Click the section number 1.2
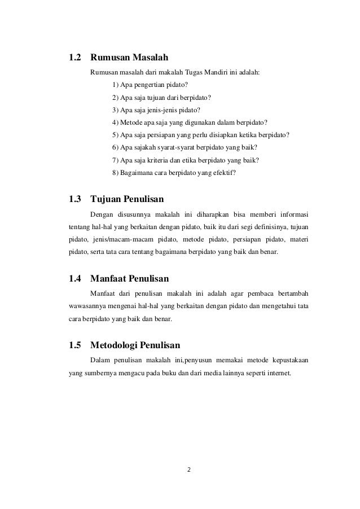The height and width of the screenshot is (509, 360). (75, 58)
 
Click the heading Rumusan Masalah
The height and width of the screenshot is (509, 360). (129, 58)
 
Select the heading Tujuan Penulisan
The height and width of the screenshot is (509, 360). (127, 199)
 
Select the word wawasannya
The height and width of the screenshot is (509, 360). (86, 306)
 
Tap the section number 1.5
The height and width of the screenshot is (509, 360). (75, 344)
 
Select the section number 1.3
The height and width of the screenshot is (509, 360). (75, 199)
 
